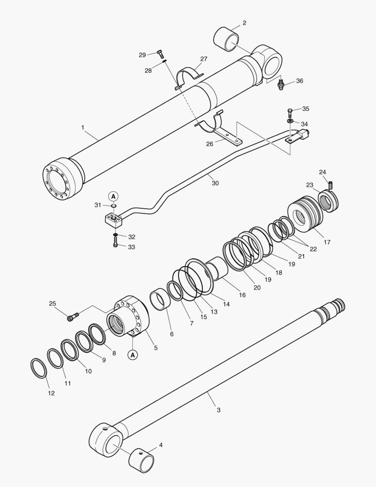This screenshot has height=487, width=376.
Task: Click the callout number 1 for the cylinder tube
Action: (82, 128)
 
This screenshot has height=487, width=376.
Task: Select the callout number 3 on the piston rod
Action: (218, 410)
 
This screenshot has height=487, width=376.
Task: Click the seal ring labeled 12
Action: (39, 368)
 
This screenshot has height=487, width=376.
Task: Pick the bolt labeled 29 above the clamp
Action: (160, 54)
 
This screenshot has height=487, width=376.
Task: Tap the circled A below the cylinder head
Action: (133, 355)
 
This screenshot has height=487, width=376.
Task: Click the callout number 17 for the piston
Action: (327, 242)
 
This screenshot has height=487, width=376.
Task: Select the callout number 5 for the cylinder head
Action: (156, 348)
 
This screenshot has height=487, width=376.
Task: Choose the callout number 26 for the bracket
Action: (210, 144)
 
